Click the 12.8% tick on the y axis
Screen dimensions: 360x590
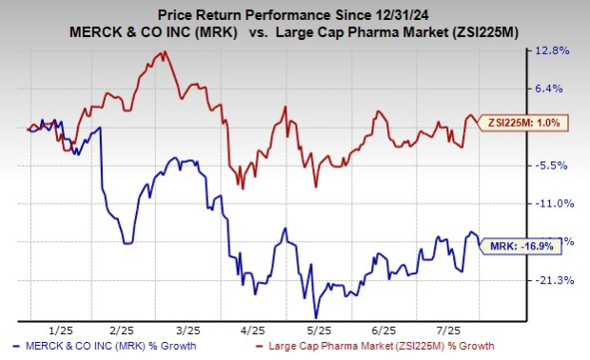click(556, 50)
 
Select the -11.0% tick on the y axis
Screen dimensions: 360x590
click(556, 203)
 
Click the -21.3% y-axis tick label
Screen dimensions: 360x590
click(556, 280)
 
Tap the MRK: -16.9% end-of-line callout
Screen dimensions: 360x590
click(514, 245)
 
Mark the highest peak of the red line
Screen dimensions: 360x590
click(166, 51)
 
